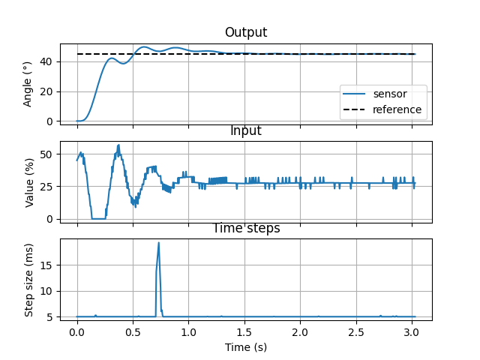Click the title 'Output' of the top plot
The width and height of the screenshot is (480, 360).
(245, 32)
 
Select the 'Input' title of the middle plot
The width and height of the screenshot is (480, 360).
(245, 131)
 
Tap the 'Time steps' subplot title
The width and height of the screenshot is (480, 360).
(246, 228)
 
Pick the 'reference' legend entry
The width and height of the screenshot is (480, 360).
(397, 109)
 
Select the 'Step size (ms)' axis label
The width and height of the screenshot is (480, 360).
(28, 280)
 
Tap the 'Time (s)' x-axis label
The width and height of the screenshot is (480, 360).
(245, 347)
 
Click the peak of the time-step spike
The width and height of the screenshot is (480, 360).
(159, 242)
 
